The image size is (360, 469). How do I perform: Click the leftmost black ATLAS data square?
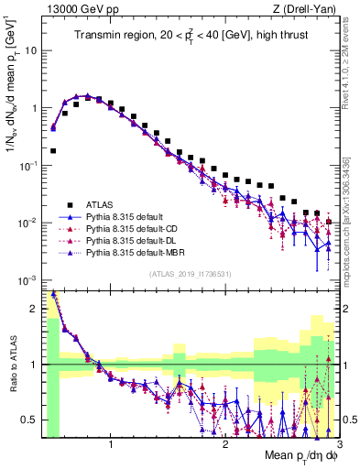click(x=53, y=150)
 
